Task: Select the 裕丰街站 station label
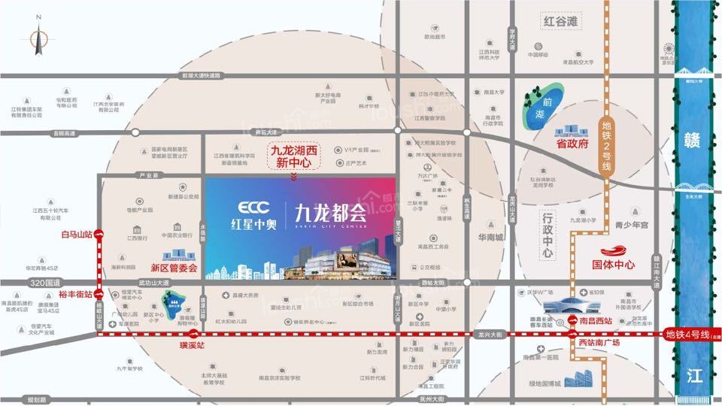tap(76, 294)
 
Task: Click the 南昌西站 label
tap(597, 320)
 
